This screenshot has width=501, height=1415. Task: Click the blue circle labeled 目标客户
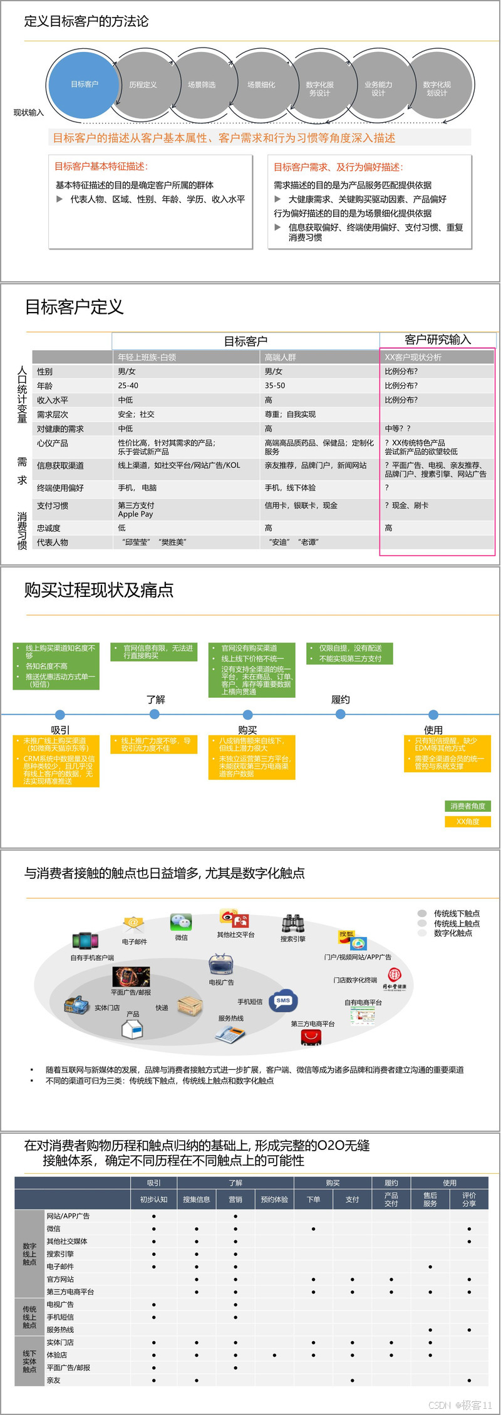(84, 85)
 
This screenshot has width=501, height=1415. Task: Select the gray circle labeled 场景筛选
(202, 85)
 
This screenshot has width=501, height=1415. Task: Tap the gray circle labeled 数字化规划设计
(436, 88)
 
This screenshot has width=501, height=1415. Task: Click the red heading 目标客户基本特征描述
(101, 166)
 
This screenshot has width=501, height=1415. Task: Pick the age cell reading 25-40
(128, 386)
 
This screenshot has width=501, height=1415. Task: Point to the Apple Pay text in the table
(135, 514)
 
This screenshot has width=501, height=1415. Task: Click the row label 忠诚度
(49, 528)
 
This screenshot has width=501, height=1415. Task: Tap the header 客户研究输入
(437, 340)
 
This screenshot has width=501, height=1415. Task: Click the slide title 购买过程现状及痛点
(99, 590)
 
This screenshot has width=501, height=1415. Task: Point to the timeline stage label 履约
(341, 700)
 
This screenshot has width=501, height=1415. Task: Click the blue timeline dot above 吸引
(60, 715)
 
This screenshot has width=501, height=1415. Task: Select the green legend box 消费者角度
(468, 806)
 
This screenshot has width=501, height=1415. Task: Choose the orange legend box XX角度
(468, 822)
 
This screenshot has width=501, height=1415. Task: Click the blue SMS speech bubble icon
(283, 1001)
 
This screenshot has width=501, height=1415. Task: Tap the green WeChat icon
(181, 921)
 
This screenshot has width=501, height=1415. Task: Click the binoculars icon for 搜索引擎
(292, 923)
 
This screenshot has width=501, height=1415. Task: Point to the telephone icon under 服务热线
(229, 1035)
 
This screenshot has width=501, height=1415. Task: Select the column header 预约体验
(274, 1200)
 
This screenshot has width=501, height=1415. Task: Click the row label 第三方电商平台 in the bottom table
(70, 1292)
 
